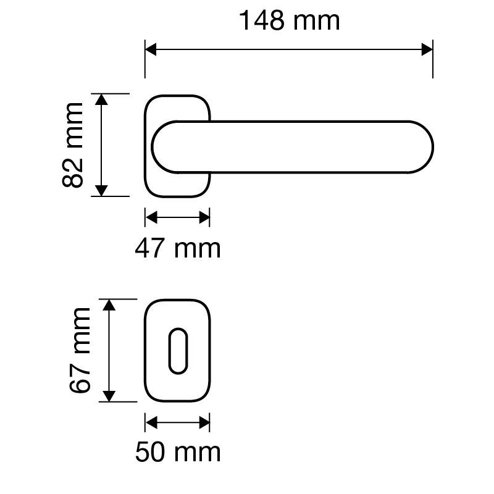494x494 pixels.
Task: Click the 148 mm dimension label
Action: pos(290,21)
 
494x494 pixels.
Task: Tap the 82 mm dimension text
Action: pos(73,145)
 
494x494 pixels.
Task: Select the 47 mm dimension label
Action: pos(178,249)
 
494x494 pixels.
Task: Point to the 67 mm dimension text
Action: pos(80,350)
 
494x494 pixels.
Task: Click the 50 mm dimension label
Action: pos(178,452)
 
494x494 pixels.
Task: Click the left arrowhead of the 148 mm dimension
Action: pos(151,49)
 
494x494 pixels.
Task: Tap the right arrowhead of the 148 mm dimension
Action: pos(427,49)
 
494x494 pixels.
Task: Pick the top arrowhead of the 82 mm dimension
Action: pos(101,99)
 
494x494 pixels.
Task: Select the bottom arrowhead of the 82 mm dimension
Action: pos(101,191)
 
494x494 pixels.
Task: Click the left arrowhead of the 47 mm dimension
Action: pos(151,217)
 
